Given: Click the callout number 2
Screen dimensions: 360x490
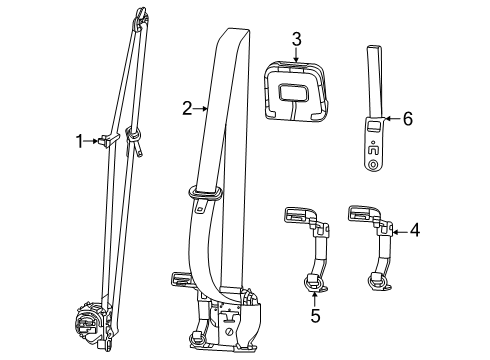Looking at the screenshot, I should pos(186,107).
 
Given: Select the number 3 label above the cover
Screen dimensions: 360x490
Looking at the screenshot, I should pos(297,39).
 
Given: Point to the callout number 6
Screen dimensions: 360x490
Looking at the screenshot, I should pos(407,119).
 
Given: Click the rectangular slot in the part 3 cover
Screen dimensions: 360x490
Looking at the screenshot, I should pos(295,94).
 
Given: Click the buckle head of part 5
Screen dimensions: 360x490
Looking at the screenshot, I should pos(295,214).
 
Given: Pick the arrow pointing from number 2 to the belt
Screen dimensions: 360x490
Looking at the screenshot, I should pos(200,107).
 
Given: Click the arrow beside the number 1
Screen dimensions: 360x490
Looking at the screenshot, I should pos(97,141).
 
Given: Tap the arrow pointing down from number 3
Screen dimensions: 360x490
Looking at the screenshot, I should pos(297,55).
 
